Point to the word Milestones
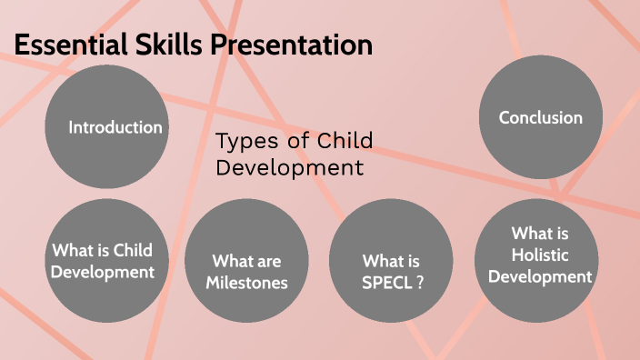(246, 283)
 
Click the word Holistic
(540, 255)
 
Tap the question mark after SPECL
(420, 283)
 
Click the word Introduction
(115, 127)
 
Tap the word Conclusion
(540, 118)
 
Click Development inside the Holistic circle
(540, 276)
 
